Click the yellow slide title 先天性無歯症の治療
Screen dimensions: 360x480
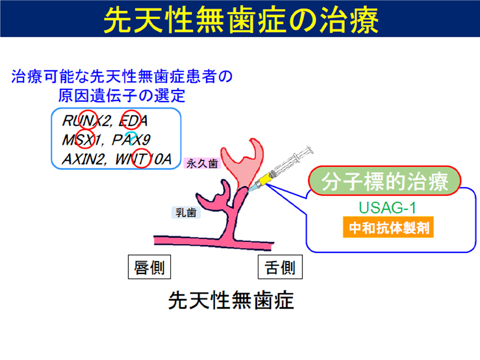pyautogui.click(x=240, y=20)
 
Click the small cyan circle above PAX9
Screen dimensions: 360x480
pyautogui.click(x=130, y=134)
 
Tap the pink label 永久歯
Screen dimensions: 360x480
pyautogui.click(x=201, y=163)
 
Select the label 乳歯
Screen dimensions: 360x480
pyautogui.click(x=186, y=211)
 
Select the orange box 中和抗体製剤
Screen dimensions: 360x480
pyautogui.click(x=387, y=227)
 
